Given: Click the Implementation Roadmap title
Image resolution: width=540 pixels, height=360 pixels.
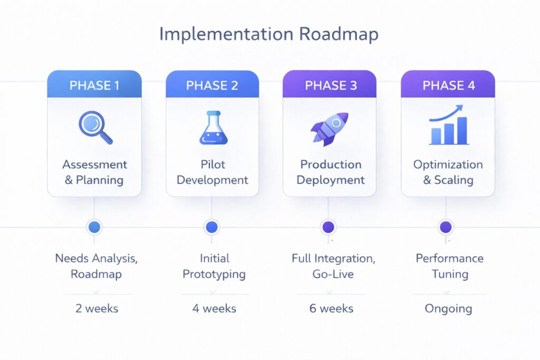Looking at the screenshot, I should click(269, 34).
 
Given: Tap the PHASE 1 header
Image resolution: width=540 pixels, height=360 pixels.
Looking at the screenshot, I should click(94, 85).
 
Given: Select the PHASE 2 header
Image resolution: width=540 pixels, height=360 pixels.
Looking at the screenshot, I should click(212, 85).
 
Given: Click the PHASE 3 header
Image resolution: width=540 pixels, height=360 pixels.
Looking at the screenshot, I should click(330, 85).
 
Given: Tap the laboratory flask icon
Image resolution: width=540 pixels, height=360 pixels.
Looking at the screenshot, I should click(213, 128).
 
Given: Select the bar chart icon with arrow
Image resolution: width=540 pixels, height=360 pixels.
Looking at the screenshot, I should click(448, 125).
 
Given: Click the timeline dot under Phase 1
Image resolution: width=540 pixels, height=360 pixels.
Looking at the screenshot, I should click(94, 227).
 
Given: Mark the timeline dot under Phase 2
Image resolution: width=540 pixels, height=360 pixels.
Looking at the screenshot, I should click(211, 227).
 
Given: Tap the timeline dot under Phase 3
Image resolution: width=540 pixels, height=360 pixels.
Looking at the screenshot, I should click(328, 227).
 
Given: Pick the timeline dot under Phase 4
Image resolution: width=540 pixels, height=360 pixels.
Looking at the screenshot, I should click(446, 227).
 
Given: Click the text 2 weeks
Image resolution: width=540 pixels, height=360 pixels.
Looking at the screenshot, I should click(97, 308).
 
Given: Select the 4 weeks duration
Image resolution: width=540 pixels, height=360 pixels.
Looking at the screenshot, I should click(214, 308).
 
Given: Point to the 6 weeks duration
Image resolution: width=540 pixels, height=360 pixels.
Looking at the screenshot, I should click(331, 308).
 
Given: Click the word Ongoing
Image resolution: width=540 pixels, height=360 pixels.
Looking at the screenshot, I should click(448, 308).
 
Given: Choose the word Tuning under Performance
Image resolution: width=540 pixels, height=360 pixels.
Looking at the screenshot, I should click(449, 275).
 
